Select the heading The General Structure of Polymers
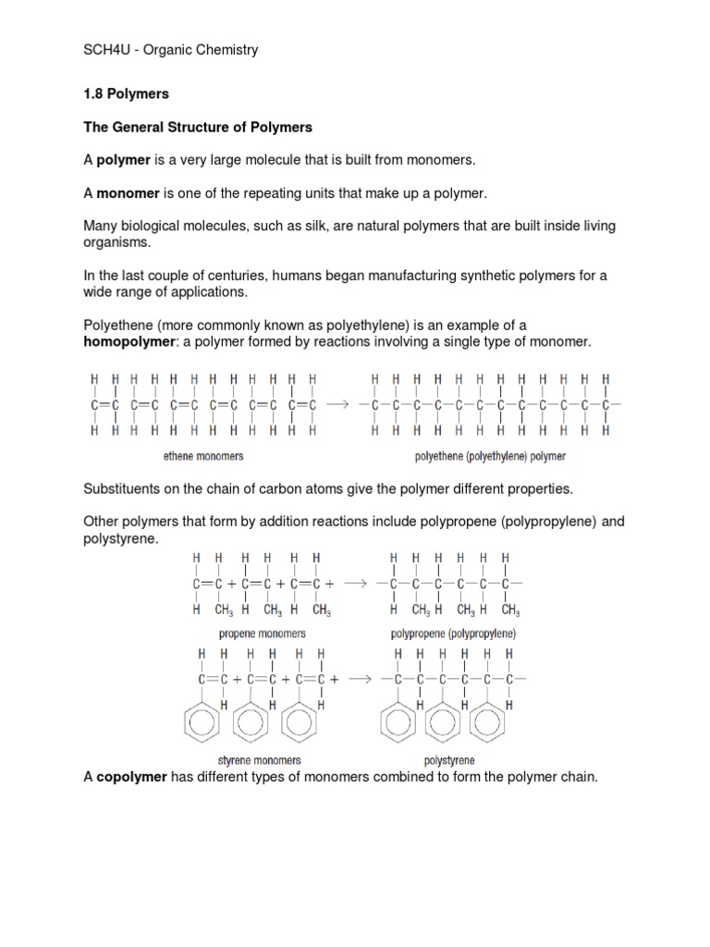pyautogui.click(x=198, y=127)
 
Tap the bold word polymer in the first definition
pyautogui.click(x=123, y=160)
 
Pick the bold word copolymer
pyautogui.click(x=131, y=778)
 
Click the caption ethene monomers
pyautogui.click(x=202, y=456)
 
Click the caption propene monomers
pyautogui.click(x=263, y=633)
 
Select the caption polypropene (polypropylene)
pyautogui.click(x=453, y=633)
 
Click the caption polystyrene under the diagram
pyautogui.click(x=449, y=761)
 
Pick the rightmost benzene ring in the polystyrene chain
pyautogui.click(x=487, y=724)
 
